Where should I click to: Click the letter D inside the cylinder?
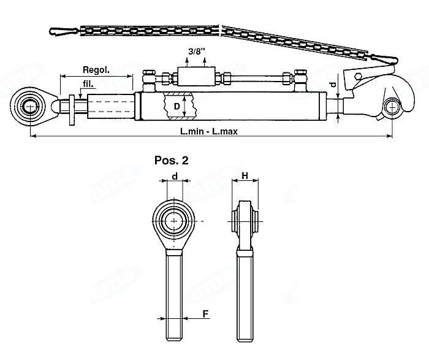pyautogui.click(x=175, y=106)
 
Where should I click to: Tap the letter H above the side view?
pyautogui.click(x=245, y=177)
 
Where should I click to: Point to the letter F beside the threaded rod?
pyautogui.click(x=205, y=313)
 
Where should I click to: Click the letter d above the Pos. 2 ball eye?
pyautogui.click(x=175, y=177)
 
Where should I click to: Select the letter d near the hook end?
pyautogui.click(x=333, y=83)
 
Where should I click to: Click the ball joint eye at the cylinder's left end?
pyautogui.click(x=30, y=107)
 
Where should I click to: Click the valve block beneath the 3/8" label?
pyautogui.click(x=195, y=77)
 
